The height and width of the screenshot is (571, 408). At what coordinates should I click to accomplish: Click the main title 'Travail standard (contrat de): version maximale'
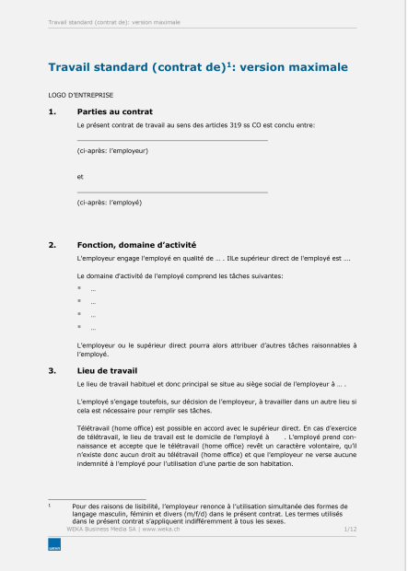tap(198, 67)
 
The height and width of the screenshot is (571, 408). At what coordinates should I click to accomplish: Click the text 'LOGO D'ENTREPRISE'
tap(81, 95)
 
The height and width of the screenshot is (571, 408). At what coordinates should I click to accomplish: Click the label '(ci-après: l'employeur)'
tap(112, 149)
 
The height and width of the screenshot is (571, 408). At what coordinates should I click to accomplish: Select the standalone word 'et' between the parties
tap(81, 175)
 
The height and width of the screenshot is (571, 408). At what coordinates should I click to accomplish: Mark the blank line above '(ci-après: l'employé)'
tap(172, 192)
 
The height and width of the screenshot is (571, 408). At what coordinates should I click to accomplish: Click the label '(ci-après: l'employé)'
tap(110, 202)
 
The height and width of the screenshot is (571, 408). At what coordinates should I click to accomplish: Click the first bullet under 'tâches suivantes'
tap(80, 289)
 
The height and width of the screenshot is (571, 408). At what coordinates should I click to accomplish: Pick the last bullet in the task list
tap(80, 327)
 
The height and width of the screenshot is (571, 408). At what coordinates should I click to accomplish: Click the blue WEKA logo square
tap(53, 546)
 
